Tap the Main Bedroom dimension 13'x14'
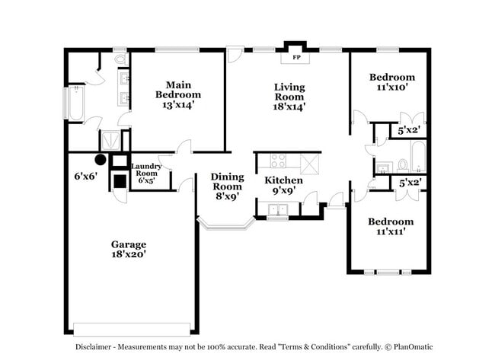(178, 105)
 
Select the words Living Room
(289, 92)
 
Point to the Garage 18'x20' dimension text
(129, 255)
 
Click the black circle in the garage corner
(100, 160)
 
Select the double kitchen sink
(279, 211)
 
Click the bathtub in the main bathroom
(75, 104)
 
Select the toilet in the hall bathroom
(401, 164)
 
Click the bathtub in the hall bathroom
(417, 158)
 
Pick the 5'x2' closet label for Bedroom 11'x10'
(410, 132)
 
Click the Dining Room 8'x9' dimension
(226, 196)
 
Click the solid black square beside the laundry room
(120, 181)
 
